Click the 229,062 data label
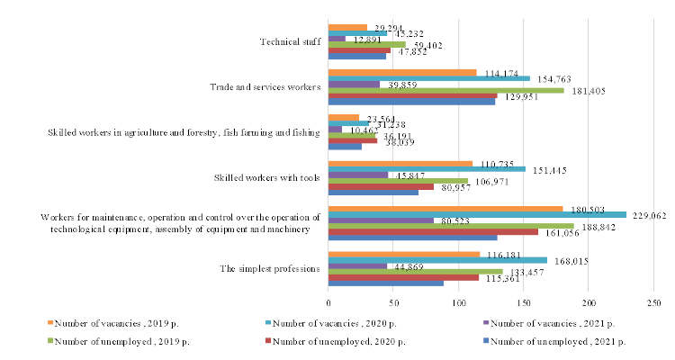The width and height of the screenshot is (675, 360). [645, 215]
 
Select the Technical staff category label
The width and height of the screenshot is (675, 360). [290, 41]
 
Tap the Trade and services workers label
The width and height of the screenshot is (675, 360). [265, 87]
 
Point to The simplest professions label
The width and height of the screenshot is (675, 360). [270, 269]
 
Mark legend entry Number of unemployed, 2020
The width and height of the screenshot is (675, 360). [339, 340]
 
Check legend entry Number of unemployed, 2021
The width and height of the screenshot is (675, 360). [553, 340]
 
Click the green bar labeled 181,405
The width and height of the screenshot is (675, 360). [446, 90]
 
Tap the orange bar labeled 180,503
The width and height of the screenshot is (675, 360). [445, 208]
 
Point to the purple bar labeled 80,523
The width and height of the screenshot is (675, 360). [381, 220]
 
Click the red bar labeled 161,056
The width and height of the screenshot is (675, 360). [433, 231]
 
